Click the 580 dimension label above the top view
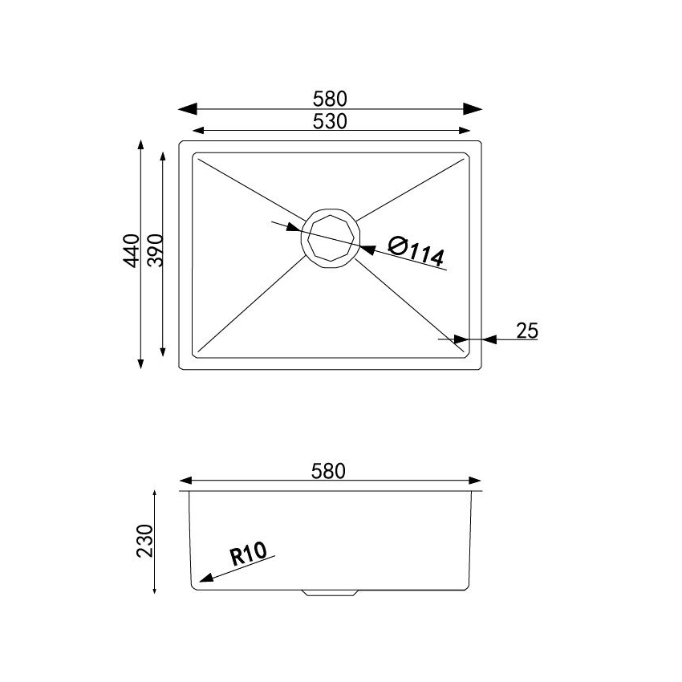click(x=330, y=99)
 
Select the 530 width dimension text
click(x=330, y=121)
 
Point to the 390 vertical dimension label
click(x=154, y=252)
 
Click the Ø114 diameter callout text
click(x=416, y=252)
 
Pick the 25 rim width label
click(x=526, y=330)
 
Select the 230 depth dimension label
click(x=145, y=543)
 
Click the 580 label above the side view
click(x=330, y=471)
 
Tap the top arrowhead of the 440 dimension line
click(x=141, y=146)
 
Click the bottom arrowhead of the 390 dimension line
click(x=164, y=351)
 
